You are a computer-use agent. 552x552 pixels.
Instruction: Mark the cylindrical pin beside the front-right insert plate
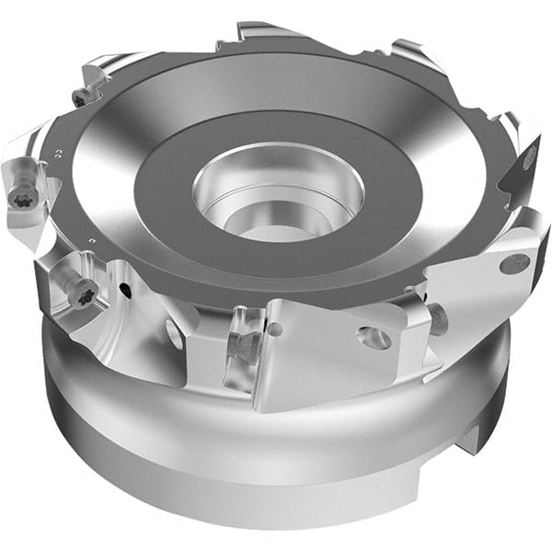[x=437, y=318]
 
